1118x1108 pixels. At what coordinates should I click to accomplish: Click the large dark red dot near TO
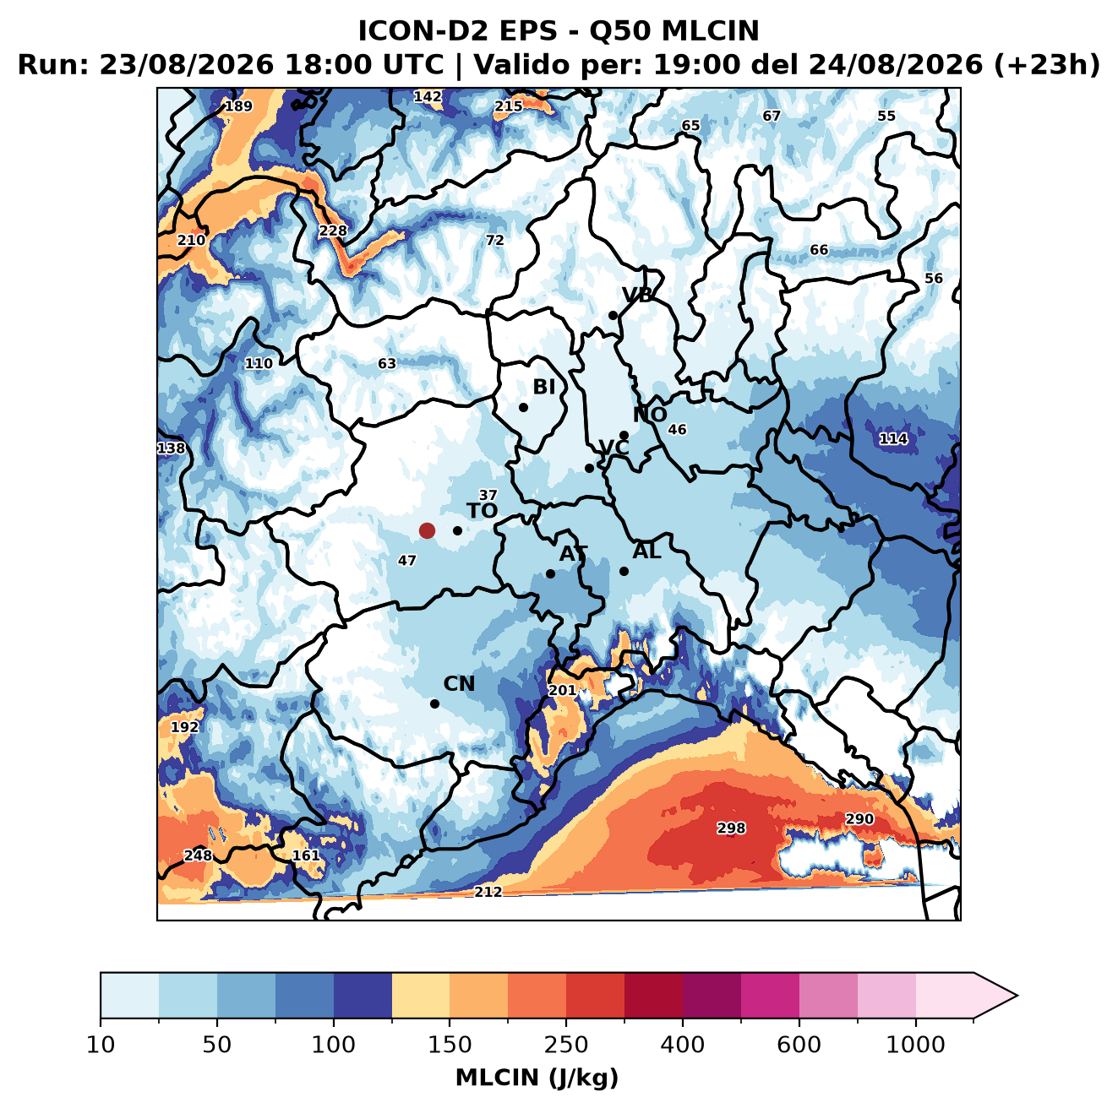pos(427,530)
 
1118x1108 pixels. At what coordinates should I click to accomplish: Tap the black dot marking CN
pos(434,703)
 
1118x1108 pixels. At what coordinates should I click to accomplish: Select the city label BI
pos(543,387)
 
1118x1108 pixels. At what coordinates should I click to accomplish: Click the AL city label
pos(646,551)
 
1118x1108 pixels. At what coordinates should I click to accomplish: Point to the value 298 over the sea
pos(730,828)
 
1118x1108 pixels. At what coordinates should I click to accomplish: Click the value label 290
pos(859,818)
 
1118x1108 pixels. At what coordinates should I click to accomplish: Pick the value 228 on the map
pos(332,231)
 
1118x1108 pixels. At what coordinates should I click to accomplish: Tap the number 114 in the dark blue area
pos(893,439)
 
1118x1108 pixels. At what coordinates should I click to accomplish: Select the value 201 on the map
pos(562,690)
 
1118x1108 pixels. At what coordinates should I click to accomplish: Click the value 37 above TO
pos(488,495)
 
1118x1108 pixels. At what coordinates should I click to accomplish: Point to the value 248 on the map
pos(198,855)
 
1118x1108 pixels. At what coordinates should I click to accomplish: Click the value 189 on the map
pos(238,106)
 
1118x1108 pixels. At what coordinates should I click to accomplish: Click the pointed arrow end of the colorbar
pos(1017,996)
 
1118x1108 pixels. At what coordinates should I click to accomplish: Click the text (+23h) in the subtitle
pos(1047,65)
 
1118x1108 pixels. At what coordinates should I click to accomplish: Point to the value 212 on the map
pos(488,892)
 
